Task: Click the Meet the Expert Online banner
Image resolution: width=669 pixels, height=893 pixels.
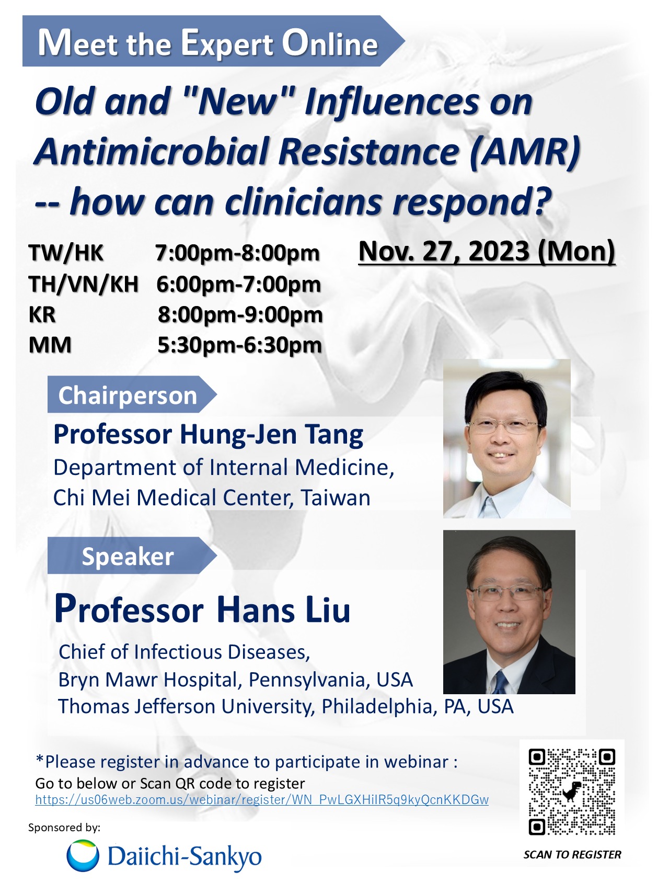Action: pos(209,41)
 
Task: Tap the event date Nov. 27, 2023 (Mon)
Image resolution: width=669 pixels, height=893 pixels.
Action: pos(487,252)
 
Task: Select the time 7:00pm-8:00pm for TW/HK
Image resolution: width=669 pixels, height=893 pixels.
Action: pos(237,253)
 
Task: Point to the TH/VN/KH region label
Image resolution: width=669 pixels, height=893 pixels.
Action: pos(84,284)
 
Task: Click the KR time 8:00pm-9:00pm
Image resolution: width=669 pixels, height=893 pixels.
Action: pos(240,315)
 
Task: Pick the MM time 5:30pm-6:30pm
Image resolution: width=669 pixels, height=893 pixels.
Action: pos(240,345)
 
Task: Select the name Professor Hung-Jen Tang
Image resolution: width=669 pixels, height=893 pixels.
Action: pos(209,435)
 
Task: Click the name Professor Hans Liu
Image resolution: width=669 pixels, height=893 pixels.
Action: pos(202,609)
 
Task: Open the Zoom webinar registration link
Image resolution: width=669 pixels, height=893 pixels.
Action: pos(262,800)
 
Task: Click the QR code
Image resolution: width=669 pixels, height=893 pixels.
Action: pos(572,792)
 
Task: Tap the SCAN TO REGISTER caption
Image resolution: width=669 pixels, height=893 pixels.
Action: pos(572,854)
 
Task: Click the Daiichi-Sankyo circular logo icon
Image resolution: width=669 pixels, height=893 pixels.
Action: pos(83,856)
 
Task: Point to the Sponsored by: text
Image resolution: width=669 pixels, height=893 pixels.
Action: pos(64,828)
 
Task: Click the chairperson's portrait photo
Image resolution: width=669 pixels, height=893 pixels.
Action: pos(506,439)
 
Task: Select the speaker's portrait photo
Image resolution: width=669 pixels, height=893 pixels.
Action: pos(509,612)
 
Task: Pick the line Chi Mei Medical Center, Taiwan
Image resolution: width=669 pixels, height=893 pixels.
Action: pos(212,498)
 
